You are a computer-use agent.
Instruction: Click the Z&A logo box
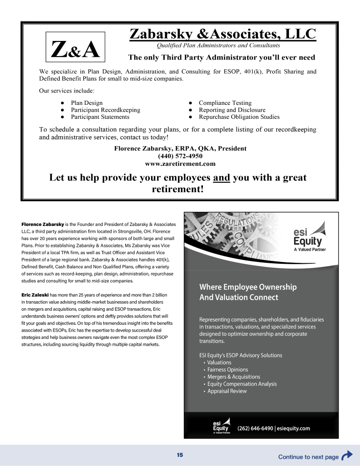[76, 47]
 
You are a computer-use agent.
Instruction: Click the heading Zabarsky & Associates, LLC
[223, 34]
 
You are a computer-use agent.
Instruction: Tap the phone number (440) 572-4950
[180, 156]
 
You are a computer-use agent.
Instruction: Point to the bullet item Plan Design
[86, 103]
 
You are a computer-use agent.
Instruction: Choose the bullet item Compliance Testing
[225, 103]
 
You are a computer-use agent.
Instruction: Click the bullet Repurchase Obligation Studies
[239, 117]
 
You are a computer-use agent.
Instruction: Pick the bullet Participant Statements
[100, 117]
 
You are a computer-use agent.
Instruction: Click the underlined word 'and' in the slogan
[221, 178]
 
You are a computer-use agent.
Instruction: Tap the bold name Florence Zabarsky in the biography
[43, 225]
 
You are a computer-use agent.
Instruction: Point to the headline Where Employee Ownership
[248, 287]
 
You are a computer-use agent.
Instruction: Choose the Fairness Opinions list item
[228, 370]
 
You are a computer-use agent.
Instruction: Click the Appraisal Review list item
[227, 391]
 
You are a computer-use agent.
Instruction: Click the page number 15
[180, 455]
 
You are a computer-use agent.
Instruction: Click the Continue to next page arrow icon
[347, 456]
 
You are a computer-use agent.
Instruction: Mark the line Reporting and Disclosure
[232, 110]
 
